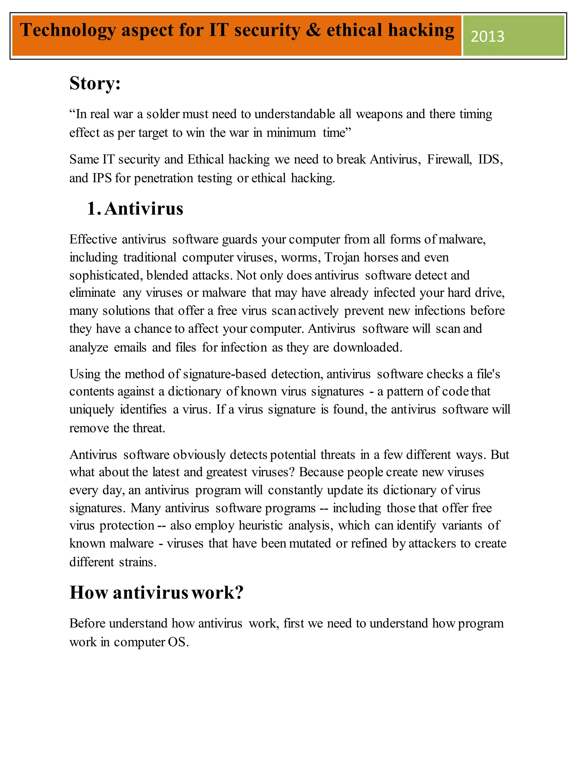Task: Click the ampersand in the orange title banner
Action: (x=313, y=30)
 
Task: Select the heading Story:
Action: (x=95, y=83)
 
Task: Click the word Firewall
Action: (x=449, y=159)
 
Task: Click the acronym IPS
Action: (x=102, y=178)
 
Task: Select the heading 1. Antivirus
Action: (x=135, y=208)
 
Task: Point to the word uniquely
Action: (x=92, y=409)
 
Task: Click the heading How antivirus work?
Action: (x=156, y=592)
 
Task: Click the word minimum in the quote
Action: (x=291, y=132)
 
